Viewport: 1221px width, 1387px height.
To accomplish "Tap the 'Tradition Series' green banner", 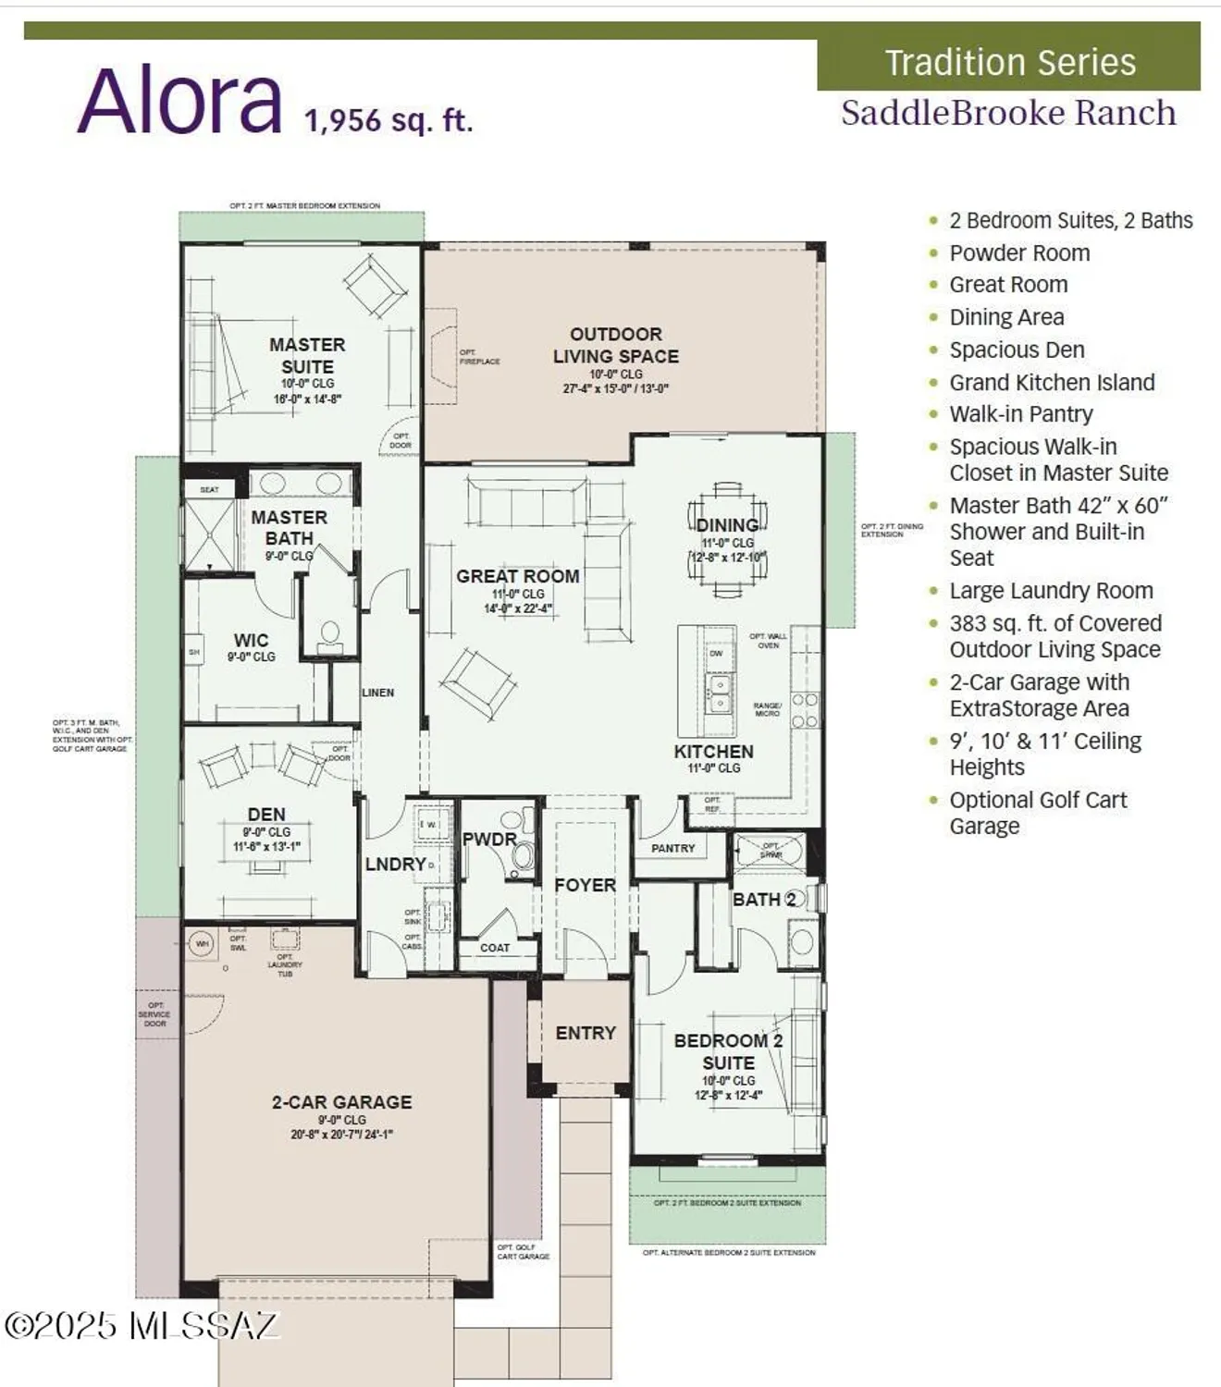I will [x=1009, y=63].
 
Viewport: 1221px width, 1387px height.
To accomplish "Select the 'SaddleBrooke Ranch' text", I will [x=1008, y=113].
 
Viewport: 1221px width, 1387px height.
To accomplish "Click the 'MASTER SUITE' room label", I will [x=307, y=355].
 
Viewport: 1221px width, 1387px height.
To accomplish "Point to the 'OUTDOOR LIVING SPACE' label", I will [x=615, y=345].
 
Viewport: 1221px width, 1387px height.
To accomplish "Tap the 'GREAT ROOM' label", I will [x=517, y=576].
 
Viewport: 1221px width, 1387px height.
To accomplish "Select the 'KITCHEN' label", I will [x=713, y=752].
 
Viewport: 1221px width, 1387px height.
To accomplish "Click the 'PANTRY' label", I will [x=672, y=848].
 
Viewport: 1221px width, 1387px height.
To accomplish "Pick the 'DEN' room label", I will [x=266, y=814].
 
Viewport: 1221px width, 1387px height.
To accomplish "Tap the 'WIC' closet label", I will [x=251, y=640].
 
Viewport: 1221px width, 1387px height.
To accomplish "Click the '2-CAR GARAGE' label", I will [x=341, y=1102].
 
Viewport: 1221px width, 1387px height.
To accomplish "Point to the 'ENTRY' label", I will [x=586, y=1033].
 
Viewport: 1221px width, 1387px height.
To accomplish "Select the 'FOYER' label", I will [x=585, y=885].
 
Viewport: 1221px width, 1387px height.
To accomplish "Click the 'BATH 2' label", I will [x=764, y=900].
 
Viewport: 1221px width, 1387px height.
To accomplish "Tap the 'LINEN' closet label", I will [x=377, y=692].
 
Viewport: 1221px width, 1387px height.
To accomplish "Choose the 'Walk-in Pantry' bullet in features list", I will [x=1020, y=414].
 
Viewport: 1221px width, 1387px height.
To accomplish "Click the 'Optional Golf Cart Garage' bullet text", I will [x=1038, y=813].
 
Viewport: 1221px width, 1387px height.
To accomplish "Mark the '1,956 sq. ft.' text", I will [x=388, y=120].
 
